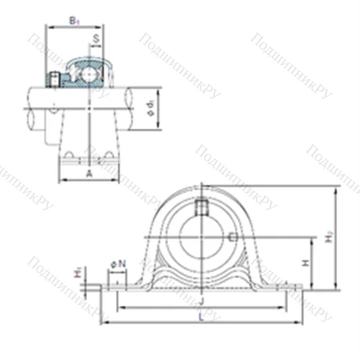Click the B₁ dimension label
pyautogui.click(x=73, y=22)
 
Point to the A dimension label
pyautogui.click(x=89, y=174)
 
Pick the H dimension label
pyautogui.click(x=305, y=264)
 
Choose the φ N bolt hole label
pyautogui.click(x=118, y=264)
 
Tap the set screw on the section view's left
pyautogui.click(x=53, y=78)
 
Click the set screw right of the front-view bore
pyautogui.click(x=232, y=236)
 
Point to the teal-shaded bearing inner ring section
pyautogui.click(x=72, y=81)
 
